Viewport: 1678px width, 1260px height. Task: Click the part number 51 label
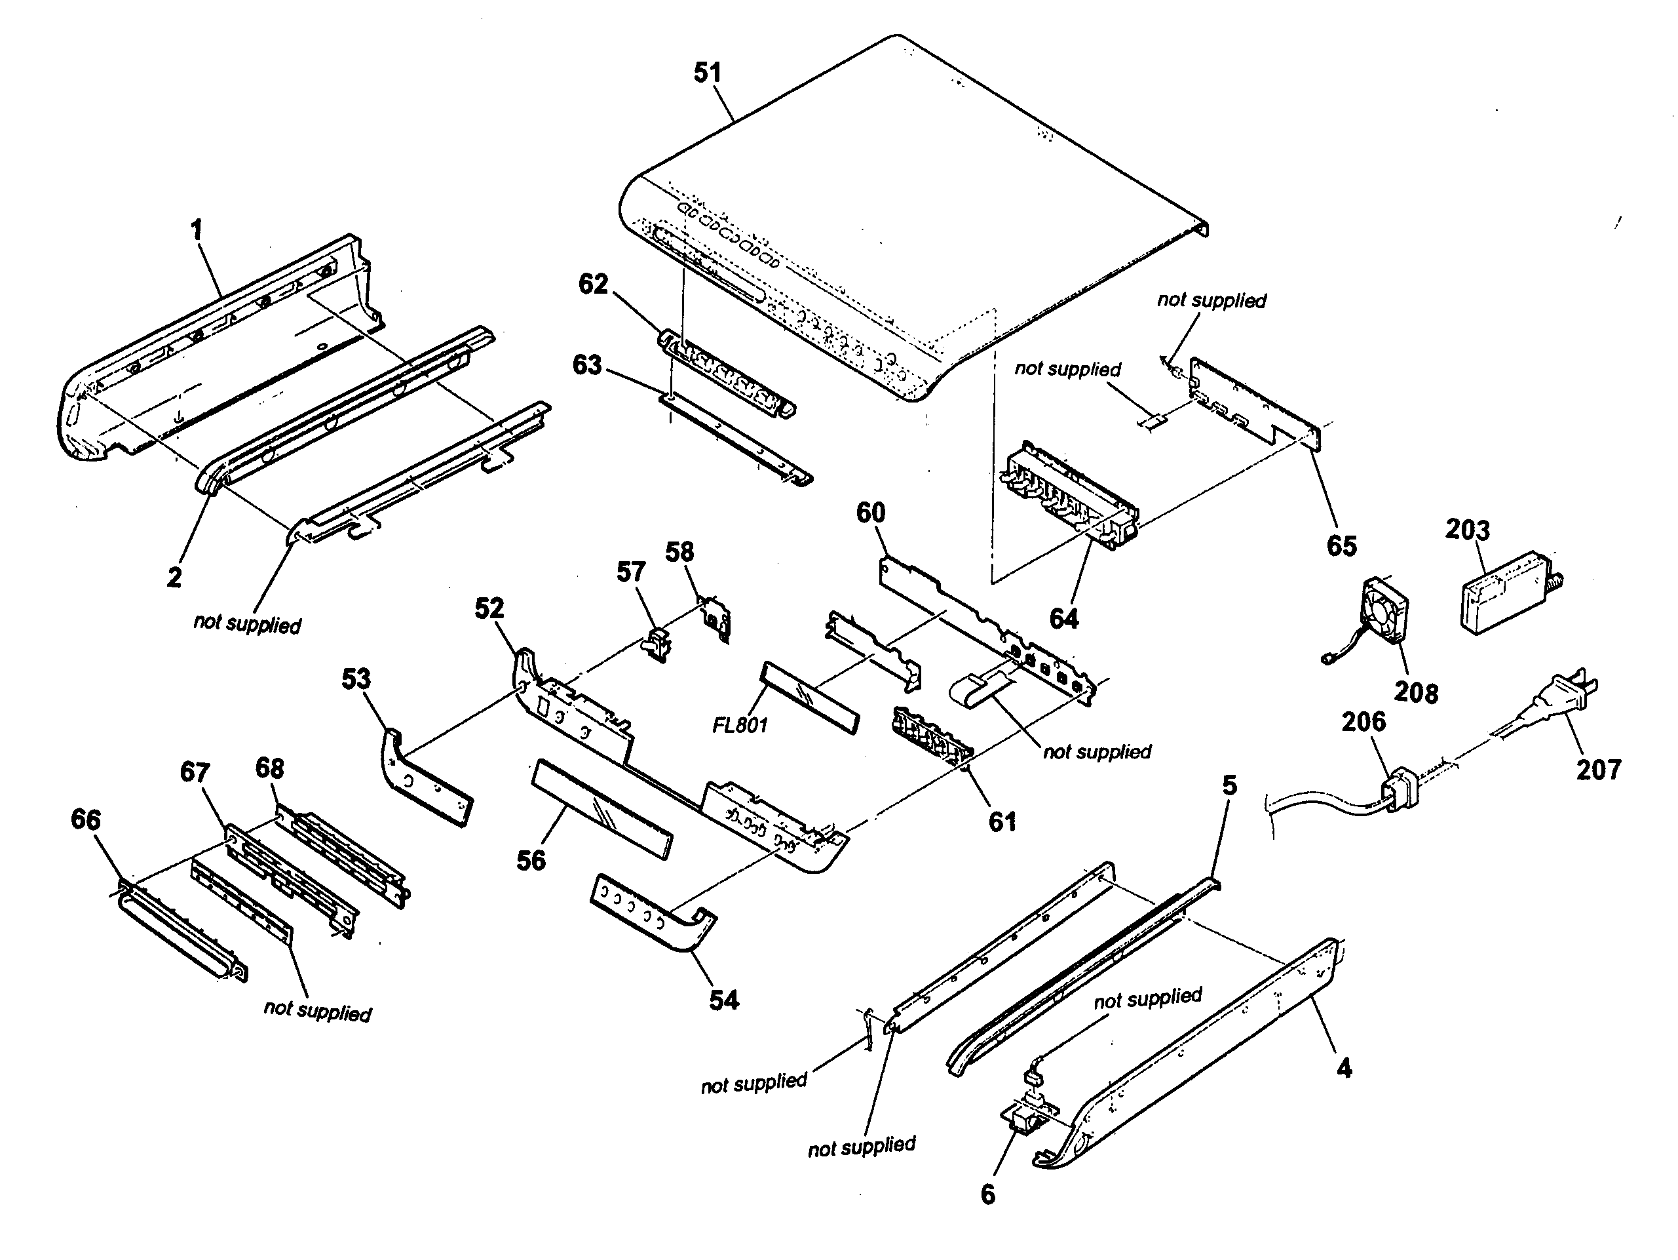pos(707,73)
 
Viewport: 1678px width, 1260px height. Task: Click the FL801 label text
pos(740,726)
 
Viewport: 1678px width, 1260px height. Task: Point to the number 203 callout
pos(1466,529)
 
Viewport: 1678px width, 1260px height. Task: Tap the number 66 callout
pos(86,819)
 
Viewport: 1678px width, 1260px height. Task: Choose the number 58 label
pos(679,552)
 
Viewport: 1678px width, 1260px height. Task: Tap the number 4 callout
pos(1343,1069)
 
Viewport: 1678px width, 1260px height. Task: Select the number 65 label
pos(1341,545)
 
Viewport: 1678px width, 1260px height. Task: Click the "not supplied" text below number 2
pos(246,624)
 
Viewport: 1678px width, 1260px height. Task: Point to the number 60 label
pos(870,513)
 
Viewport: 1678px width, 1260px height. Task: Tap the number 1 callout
pos(197,230)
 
